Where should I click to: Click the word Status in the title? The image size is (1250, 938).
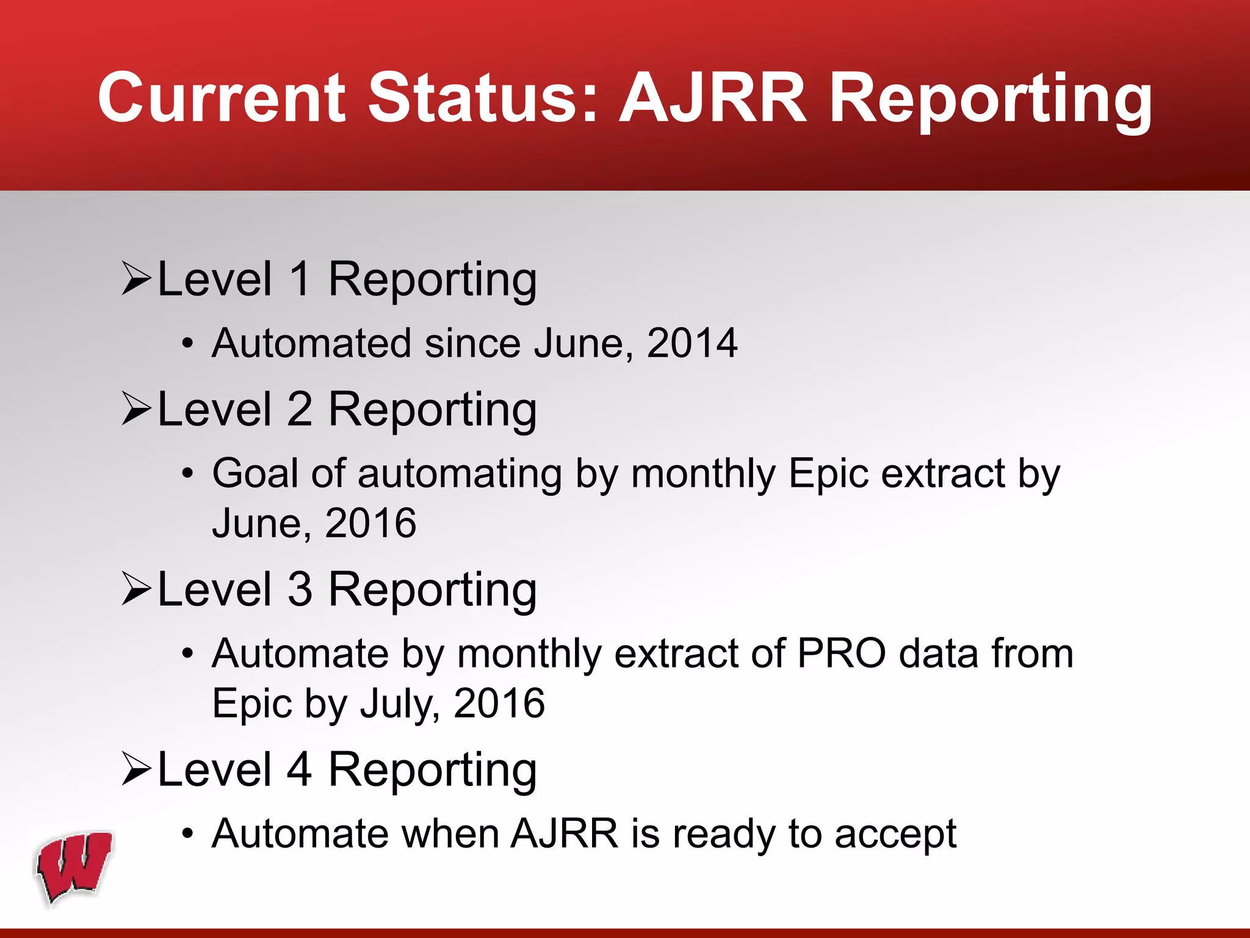(482, 98)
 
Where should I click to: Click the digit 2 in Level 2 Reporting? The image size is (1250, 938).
(300, 409)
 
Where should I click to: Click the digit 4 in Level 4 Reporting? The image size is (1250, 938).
(300, 769)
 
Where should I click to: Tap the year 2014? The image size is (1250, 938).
(692, 343)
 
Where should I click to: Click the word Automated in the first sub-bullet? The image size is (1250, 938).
(312, 343)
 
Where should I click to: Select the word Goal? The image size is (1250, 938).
(256, 473)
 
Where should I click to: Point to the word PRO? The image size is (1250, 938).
(842, 653)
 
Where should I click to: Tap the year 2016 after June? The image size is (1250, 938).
(370, 523)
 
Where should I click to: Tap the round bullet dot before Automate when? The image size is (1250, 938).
(188, 834)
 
